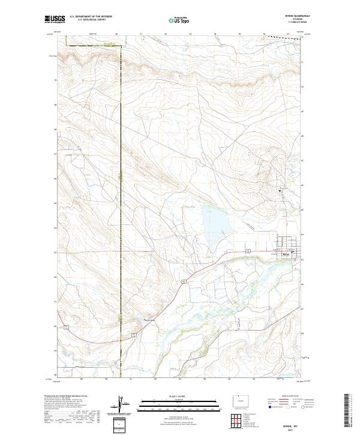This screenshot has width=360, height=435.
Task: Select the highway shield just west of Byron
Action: pos(247,250)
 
